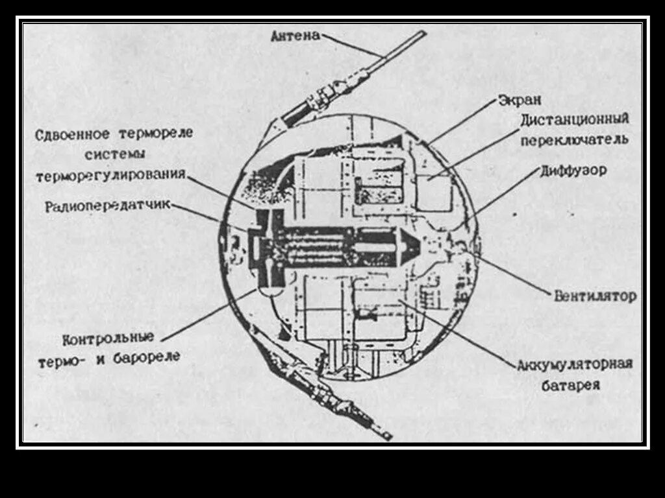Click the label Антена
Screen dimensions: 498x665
coord(295,36)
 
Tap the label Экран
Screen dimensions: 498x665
coord(520,101)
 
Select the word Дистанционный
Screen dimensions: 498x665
coord(574,121)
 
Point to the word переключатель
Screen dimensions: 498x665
coord(574,139)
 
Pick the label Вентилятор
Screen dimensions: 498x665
coord(595,296)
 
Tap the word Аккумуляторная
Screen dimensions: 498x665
coord(574,364)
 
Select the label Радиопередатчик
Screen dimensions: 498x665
coord(108,207)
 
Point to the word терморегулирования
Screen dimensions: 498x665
coord(111,175)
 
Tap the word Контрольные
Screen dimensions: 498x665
coord(108,338)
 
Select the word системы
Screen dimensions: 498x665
coord(115,155)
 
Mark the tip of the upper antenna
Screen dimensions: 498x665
coord(422,33)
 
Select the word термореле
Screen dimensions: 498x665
coord(156,135)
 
